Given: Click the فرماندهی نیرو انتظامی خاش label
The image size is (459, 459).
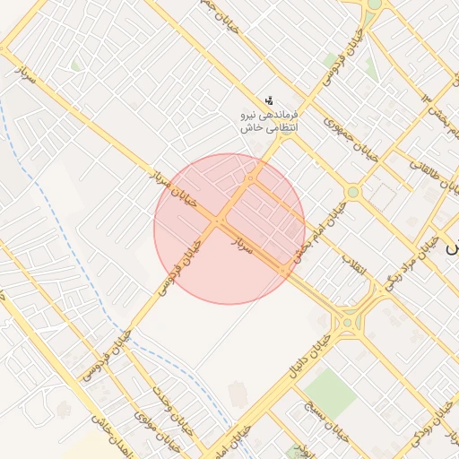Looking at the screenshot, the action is point(268,123).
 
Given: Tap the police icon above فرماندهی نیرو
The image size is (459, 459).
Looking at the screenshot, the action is point(268,100).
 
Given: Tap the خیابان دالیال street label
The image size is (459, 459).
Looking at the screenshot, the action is point(307,354).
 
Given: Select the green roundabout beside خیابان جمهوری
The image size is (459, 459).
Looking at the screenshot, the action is point(352,192).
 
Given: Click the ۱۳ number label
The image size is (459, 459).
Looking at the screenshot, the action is point(427,98).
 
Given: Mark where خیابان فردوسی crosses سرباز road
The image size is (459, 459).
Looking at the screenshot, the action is point(219,220).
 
